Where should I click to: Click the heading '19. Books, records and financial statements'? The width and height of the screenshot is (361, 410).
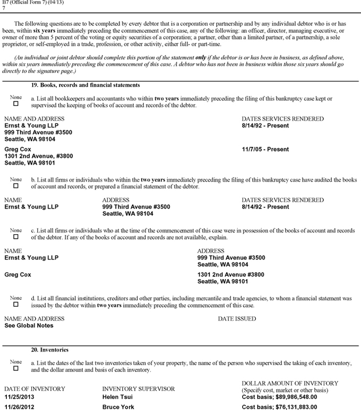(x=85, y=85)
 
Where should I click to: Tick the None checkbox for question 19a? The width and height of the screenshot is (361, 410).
(x=15, y=104)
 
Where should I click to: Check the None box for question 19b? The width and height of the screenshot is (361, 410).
(x=15, y=186)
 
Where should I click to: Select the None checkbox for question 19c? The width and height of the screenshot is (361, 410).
(x=15, y=237)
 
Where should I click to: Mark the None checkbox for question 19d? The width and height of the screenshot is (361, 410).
(x=15, y=305)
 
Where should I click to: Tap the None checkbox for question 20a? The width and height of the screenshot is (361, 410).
(x=15, y=368)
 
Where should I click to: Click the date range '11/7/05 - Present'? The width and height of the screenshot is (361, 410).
(x=265, y=149)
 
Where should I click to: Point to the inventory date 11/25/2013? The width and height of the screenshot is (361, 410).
(x=22, y=397)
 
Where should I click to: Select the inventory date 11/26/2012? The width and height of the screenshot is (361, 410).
(x=22, y=407)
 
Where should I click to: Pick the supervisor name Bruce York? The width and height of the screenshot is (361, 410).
(x=118, y=407)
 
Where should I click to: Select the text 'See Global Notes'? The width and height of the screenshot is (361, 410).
(x=28, y=326)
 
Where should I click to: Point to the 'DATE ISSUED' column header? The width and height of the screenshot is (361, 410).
(x=237, y=319)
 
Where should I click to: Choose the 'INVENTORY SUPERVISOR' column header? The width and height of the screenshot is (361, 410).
(x=138, y=389)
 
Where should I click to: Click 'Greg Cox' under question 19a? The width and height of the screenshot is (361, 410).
(x=18, y=149)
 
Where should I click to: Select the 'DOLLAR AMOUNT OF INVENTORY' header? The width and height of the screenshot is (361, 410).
(x=289, y=383)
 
